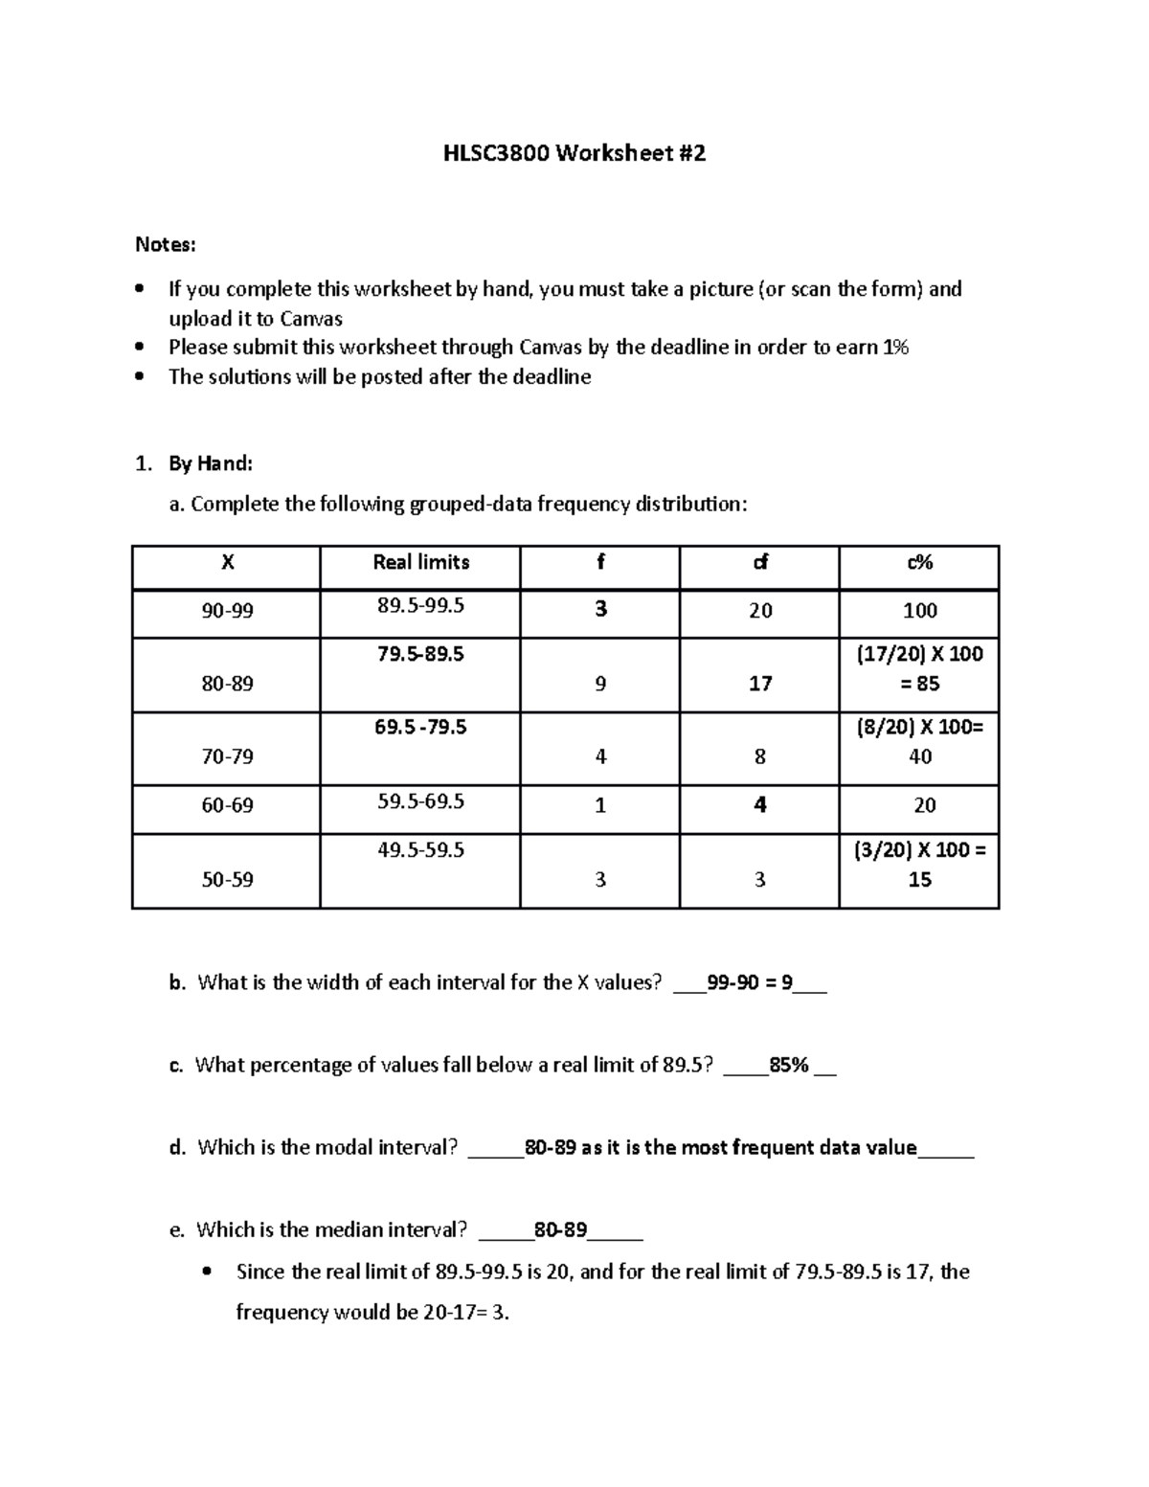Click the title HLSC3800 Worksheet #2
pyautogui.click(x=574, y=153)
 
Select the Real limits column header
pyautogui.click(x=420, y=563)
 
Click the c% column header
pyautogui.click(x=919, y=563)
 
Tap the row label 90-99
pyautogui.click(x=227, y=611)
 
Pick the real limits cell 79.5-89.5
pyautogui.click(x=420, y=654)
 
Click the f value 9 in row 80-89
pyautogui.click(x=600, y=684)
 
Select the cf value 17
pyautogui.click(x=760, y=684)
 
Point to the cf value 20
pyautogui.click(x=760, y=611)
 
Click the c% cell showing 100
pyautogui.click(x=919, y=611)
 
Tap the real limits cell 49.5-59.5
pyautogui.click(x=420, y=850)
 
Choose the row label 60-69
pyautogui.click(x=227, y=805)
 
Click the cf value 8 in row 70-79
pyautogui.click(x=760, y=756)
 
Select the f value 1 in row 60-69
pyautogui.click(x=600, y=805)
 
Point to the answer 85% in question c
pyautogui.click(x=789, y=1066)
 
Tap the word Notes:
pyautogui.click(x=166, y=245)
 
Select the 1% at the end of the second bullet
pyautogui.click(x=895, y=348)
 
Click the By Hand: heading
pyautogui.click(x=211, y=464)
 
